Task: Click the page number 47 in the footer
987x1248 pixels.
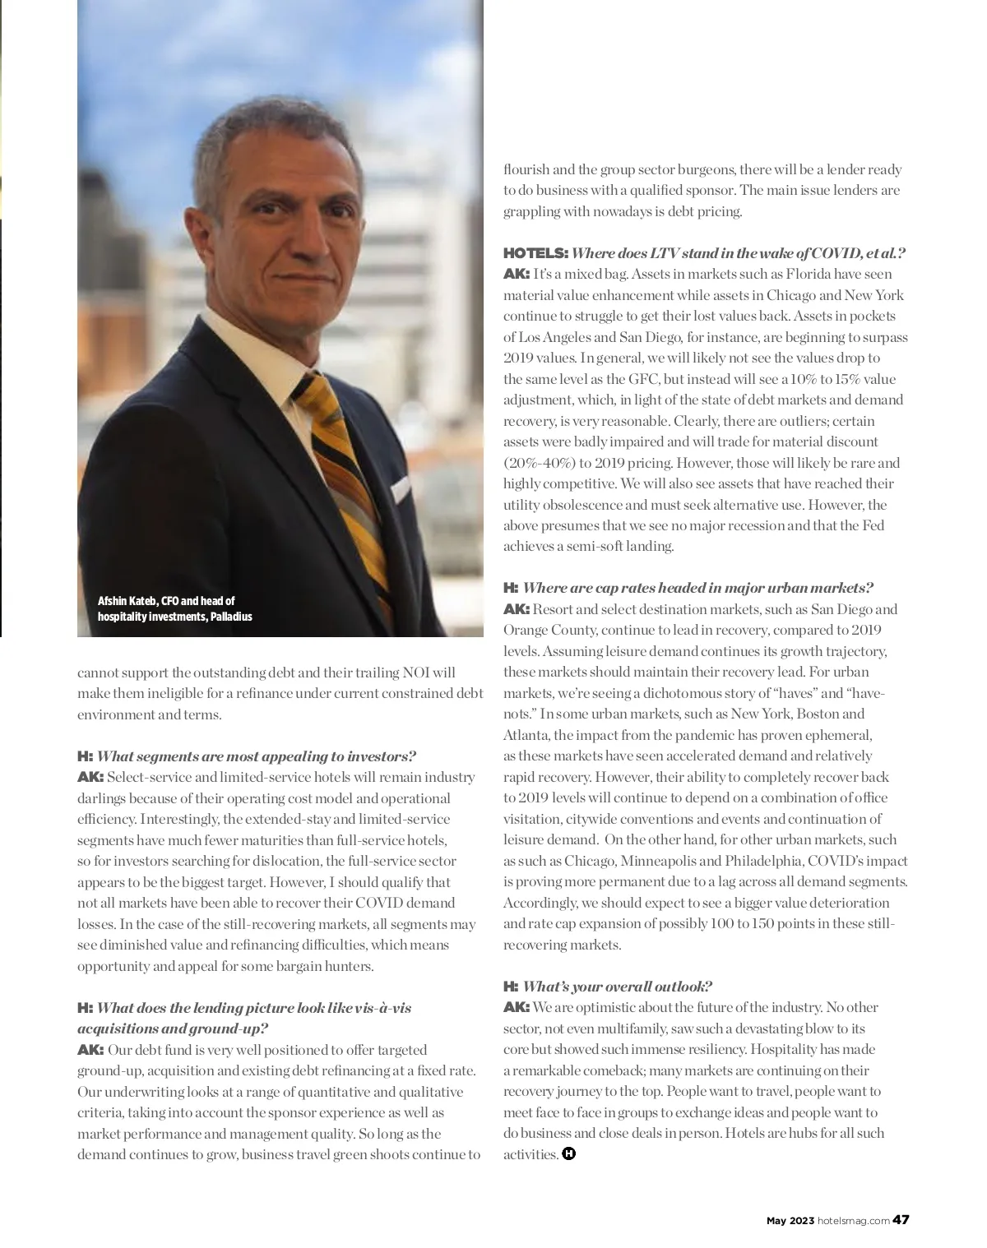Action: pyautogui.click(x=901, y=1220)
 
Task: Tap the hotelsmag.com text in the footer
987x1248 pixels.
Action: pyautogui.click(x=854, y=1221)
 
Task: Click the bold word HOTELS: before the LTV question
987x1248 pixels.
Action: pyautogui.click(x=535, y=253)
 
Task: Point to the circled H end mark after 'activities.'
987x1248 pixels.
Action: pyautogui.click(x=569, y=1153)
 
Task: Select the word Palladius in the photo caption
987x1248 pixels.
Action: pyautogui.click(x=231, y=617)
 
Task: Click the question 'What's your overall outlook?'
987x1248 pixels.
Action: pyautogui.click(x=617, y=987)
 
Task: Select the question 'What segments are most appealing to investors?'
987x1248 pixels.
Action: pyautogui.click(x=257, y=756)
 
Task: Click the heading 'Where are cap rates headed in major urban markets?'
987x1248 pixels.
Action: pyautogui.click(x=697, y=588)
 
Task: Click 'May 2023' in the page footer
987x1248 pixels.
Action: pyautogui.click(x=790, y=1221)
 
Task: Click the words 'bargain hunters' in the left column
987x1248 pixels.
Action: pyautogui.click(x=328, y=966)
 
